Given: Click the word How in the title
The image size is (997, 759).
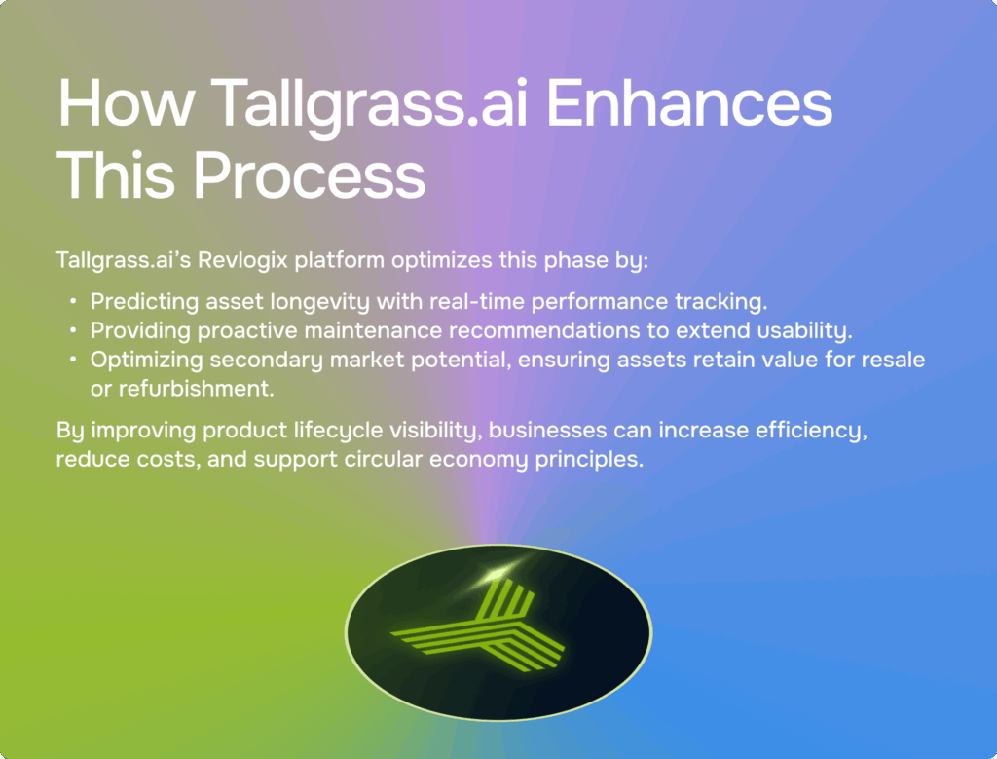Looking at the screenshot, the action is click(126, 102).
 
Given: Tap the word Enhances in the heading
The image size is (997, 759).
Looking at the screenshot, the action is click(689, 102).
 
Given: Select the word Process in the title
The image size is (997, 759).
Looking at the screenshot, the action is click(310, 175).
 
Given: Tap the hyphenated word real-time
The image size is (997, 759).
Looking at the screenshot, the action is click(477, 301).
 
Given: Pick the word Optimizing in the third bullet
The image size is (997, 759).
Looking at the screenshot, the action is click(147, 361).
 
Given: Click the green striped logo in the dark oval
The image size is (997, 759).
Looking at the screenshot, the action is click(478, 626).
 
